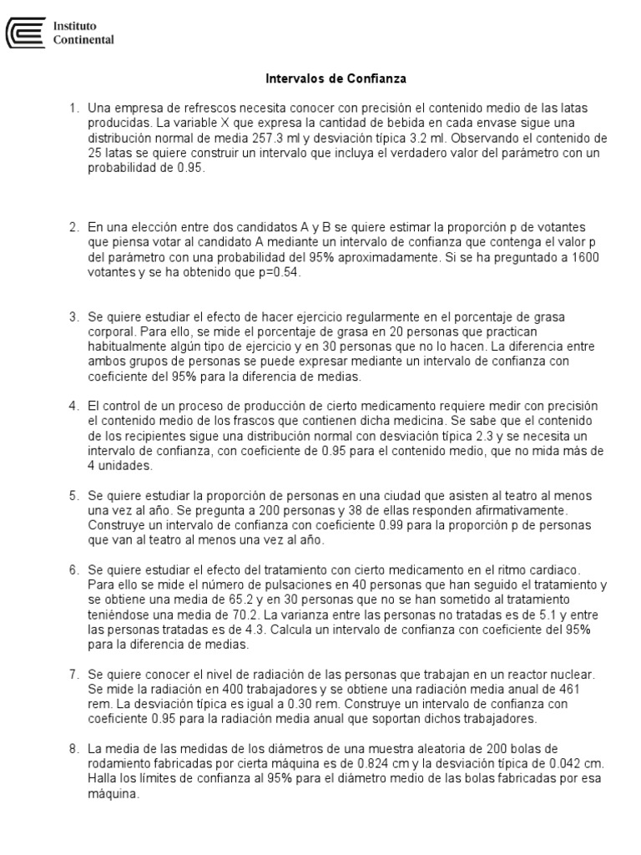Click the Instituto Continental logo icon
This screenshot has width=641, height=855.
click(x=25, y=33)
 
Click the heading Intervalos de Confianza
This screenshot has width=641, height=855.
click(x=336, y=79)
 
